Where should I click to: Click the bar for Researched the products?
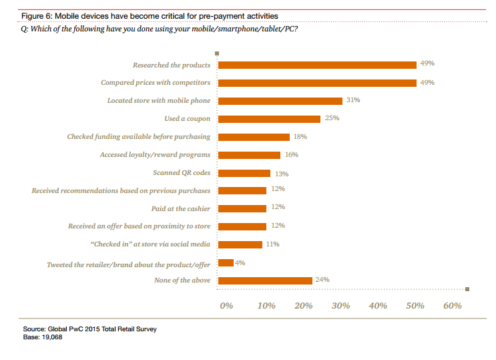pyautogui.click(x=318, y=65)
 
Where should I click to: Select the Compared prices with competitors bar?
pyautogui.click(x=318, y=83)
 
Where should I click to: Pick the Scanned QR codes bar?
pyautogui.click(x=245, y=173)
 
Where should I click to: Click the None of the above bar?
pyautogui.click(x=266, y=281)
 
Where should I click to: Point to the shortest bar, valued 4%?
pyautogui.click(x=226, y=262)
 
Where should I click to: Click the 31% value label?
pyautogui.click(x=353, y=100)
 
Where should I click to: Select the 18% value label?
pyautogui.click(x=300, y=136)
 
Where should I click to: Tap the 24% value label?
pyautogui.click(x=322, y=280)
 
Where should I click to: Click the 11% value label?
pyautogui.click(x=272, y=244)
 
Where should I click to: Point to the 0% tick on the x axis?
pyautogui.click(x=226, y=306)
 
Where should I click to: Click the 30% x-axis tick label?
pyautogui.click(x=340, y=306)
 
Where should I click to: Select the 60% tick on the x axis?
pyautogui.click(x=453, y=306)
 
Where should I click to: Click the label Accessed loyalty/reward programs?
pyautogui.click(x=155, y=154)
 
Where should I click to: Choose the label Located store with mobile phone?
pyautogui.click(x=159, y=101)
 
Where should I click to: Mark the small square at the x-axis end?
pyautogui.click(x=467, y=289)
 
